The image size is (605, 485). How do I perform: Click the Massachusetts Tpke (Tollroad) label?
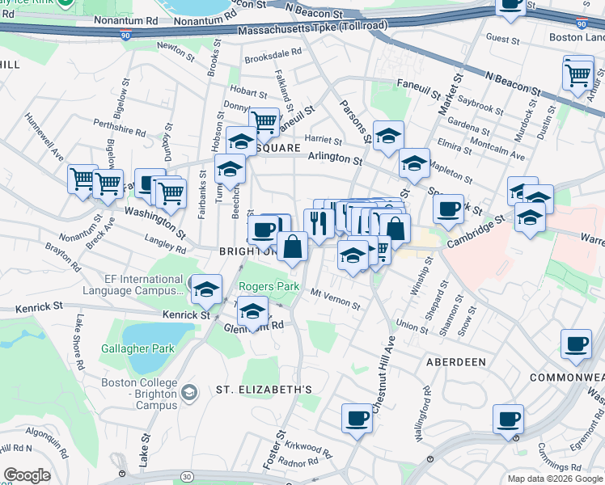pos(312,27)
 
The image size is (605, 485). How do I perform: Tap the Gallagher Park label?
pos(137,348)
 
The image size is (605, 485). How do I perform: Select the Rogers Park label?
pos(269,287)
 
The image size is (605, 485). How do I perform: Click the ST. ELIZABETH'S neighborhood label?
pos(264,390)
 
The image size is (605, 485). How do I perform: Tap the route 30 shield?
pos(188,478)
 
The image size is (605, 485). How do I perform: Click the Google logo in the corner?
pos(27,475)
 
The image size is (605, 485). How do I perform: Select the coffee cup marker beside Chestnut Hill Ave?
pos(357,419)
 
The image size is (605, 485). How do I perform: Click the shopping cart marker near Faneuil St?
pos(264,122)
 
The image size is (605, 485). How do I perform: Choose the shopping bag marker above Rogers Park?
pos(292,247)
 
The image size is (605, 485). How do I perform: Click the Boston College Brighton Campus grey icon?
pos(188,393)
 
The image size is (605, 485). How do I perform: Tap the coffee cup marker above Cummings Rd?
pos(508,419)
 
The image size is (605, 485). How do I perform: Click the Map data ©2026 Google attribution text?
pos(555,479)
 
